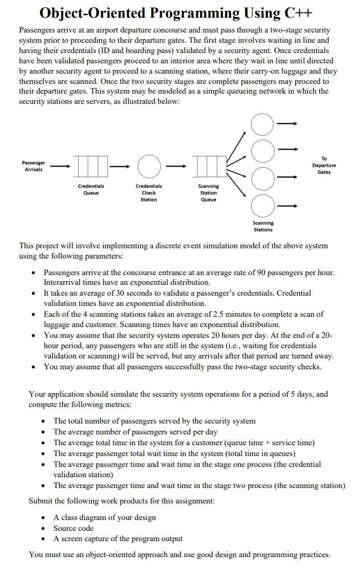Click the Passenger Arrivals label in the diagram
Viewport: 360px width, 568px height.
34,166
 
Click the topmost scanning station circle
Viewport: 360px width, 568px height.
262,124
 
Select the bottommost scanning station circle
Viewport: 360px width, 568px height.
262,206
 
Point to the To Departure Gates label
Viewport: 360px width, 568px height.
324,165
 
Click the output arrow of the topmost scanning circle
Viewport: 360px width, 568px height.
288,124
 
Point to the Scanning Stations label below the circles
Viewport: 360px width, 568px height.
263,226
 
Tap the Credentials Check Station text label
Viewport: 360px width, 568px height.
148,193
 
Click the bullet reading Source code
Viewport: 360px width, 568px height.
74,528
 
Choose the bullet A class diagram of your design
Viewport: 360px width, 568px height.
104,517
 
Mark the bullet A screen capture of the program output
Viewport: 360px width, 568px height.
118,538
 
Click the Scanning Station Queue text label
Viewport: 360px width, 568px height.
208,193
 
